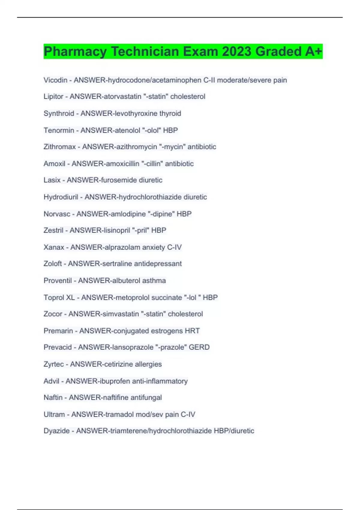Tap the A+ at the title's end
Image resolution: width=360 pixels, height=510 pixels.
(314, 51)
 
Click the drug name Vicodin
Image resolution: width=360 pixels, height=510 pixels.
(55, 80)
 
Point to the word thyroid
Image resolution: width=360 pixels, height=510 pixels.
(170, 113)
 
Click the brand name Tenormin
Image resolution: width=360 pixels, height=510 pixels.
(59, 130)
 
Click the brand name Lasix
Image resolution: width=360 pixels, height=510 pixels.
(52, 180)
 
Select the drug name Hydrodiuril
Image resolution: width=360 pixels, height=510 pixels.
(61, 197)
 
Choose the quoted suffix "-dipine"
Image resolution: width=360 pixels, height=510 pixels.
(161, 214)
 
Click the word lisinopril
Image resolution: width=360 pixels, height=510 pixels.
(116, 230)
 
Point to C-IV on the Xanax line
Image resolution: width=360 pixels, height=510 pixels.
(174, 247)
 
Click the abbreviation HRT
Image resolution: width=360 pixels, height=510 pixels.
(192, 331)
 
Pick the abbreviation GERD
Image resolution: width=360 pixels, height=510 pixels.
(199, 347)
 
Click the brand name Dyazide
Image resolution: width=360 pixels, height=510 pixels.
(57, 431)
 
